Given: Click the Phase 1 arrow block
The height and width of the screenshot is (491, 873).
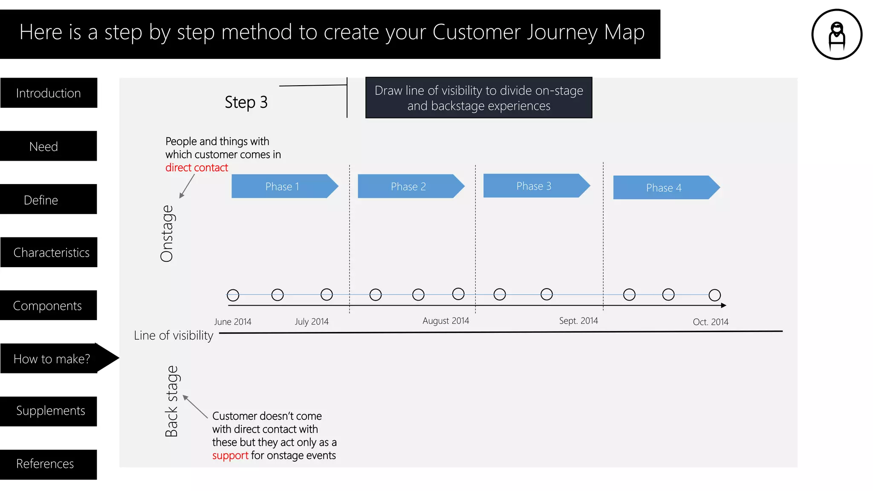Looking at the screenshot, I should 283,186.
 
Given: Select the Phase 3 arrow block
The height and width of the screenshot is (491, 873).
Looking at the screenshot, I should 535,186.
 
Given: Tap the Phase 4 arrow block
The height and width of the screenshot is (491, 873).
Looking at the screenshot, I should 664,188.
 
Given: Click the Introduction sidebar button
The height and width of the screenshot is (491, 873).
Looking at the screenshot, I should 49,93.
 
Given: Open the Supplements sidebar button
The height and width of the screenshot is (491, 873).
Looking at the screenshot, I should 49,411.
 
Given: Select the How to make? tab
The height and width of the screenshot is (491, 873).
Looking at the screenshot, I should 52,359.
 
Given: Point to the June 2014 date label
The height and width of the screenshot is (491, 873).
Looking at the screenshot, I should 233,322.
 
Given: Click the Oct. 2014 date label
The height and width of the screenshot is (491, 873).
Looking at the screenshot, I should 711,322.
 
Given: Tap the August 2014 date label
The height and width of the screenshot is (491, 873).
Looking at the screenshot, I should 445,321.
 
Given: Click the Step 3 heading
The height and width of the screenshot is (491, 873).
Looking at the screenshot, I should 246,102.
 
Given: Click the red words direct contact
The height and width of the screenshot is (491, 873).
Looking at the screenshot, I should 197,168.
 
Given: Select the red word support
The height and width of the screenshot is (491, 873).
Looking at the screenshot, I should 230,456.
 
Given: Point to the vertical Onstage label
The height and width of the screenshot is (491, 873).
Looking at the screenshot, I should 167,234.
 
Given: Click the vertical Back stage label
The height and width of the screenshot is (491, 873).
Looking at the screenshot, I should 172,401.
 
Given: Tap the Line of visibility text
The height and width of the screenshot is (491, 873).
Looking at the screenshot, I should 173,335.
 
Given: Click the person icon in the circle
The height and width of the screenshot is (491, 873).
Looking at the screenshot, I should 837,35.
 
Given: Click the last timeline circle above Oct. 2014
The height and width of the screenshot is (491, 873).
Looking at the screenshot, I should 714,295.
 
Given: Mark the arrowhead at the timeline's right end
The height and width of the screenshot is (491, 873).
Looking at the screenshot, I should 723,306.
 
